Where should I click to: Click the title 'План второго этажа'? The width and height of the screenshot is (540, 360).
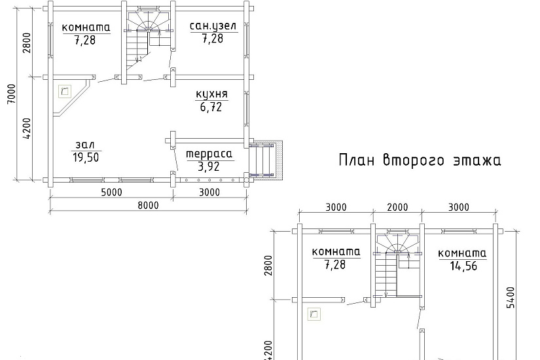tap(420, 160)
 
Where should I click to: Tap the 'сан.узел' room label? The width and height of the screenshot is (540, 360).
tap(213, 27)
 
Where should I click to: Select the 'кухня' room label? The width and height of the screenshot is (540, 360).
tap(212, 94)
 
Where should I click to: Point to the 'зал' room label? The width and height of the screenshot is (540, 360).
tap(85, 145)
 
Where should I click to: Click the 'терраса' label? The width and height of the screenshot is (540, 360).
tap(209, 154)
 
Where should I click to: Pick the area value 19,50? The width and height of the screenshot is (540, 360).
tap(86, 158)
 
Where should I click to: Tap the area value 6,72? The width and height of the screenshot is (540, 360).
tap(211, 107)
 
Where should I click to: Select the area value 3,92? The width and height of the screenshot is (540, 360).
tap(209, 167)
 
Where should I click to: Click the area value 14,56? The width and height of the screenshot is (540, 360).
tap(463, 266)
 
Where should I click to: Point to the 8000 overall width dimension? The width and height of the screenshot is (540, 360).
tap(148, 206)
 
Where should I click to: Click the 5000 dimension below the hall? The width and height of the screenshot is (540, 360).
tap(111, 192)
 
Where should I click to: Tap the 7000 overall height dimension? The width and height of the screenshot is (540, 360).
tap(11, 94)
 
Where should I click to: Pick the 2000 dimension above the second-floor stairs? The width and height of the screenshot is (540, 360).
tap(397, 207)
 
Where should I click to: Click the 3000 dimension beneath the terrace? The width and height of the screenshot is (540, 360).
tap(209, 192)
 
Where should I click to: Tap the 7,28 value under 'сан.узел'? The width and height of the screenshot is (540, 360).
tap(213, 39)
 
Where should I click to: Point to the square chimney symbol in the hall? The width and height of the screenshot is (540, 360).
tap(65, 92)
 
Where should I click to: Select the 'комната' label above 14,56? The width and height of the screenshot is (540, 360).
tap(462, 254)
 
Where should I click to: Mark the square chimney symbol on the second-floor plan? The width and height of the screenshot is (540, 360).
tap(314, 314)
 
